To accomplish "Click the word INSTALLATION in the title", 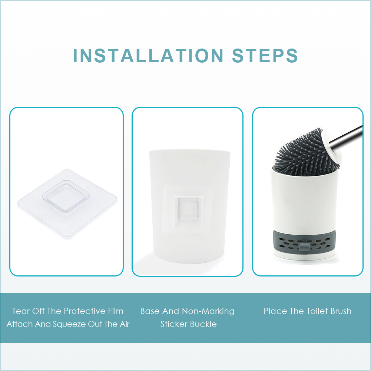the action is click(148, 56).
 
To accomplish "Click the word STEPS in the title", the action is click(265, 56).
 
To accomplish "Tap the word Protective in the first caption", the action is click(85, 311).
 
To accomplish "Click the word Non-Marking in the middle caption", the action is click(208, 311).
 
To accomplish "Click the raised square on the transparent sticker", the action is click(66, 196).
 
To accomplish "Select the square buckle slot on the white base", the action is click(188, 209).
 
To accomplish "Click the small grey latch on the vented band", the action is click(304, 246).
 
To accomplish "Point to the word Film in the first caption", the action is click(116, 311).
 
